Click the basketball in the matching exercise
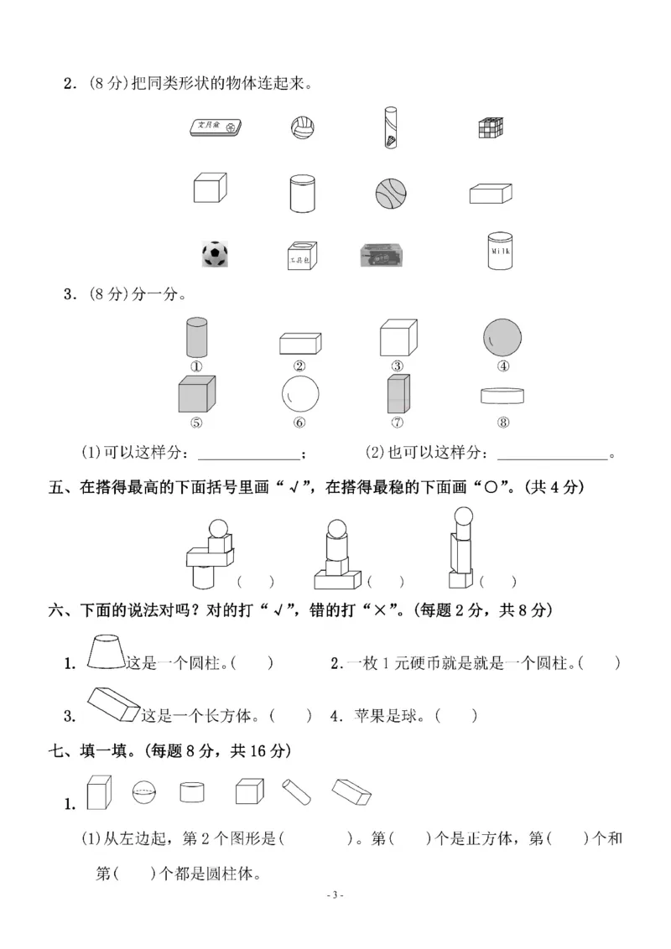click(x=391, y=192)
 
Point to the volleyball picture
click(x=301, y=128)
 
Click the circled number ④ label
click(x=503, y=366)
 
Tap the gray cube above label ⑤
click(x=197, y=392)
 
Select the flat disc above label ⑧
click(x=503, y=396)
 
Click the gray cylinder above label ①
click(x=197, y=338)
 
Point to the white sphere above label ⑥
click(x=299, y=392)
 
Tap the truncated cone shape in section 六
click(x=107, y=651)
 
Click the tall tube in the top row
click(x=391, y=127)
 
